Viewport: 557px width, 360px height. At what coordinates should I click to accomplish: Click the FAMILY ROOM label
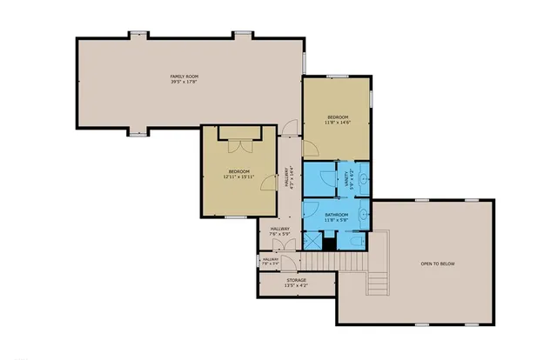click(x=184, y=77)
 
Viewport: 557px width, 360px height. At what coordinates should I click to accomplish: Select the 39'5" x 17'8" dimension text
click(x=184, y=83)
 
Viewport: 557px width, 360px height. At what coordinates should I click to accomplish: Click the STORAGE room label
click(x=296, y=280)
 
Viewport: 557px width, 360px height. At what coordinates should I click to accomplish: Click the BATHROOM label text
click(x=337, y=215)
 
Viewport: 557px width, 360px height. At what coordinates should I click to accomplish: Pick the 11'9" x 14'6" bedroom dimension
click(x=338, y=123)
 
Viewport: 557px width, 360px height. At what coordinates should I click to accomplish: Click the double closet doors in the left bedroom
click(x=238, y=133)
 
